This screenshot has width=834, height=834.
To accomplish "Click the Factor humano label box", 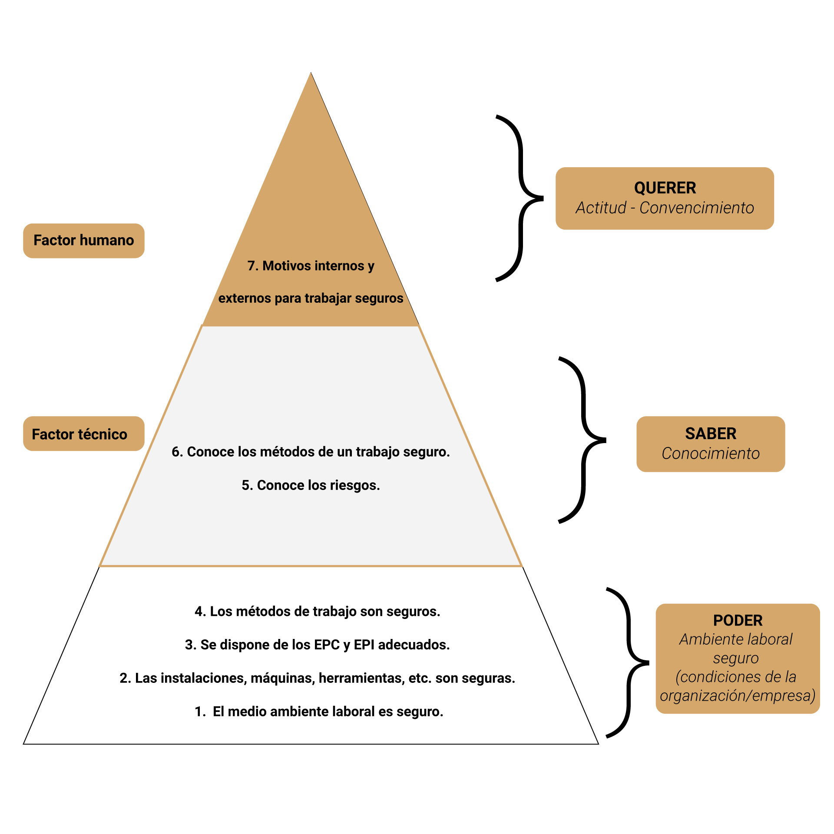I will pos(83,241).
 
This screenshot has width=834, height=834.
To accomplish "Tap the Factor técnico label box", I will pos(83,434).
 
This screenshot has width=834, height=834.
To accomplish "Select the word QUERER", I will pos(665,188).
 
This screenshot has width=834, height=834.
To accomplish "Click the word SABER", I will pos(711,434).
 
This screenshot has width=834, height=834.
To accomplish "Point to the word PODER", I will pos(738,620).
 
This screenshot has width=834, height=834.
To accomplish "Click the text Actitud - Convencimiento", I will pos(665,208).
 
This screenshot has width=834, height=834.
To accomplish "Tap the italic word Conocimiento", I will pos(711,453).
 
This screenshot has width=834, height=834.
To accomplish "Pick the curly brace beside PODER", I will pos(629,663).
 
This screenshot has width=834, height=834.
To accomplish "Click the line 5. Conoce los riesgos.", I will pos(311,485).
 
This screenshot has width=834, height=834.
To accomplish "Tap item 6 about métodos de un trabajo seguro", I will pos(311,452).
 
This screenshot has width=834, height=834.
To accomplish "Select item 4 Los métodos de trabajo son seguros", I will pos(317,612).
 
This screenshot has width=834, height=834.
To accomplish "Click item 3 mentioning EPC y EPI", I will pos(317,645).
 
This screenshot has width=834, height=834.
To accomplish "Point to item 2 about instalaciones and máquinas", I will pos(317,678).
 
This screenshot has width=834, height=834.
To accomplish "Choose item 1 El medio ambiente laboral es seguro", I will pos(319,712).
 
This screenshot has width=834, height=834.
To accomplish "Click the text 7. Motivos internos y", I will pos(311,265).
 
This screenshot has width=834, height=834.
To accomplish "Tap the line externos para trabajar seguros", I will pos(311,298).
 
